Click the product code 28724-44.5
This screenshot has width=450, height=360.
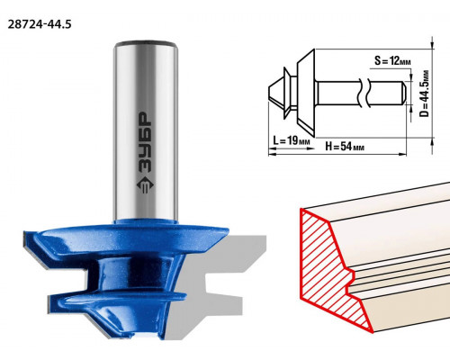40,24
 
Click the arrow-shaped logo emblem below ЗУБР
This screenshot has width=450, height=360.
145,184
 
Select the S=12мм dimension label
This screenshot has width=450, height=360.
392,61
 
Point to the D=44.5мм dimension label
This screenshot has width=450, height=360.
424,94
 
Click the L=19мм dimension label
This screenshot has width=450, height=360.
292,140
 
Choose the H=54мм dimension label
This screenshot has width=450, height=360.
345,147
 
